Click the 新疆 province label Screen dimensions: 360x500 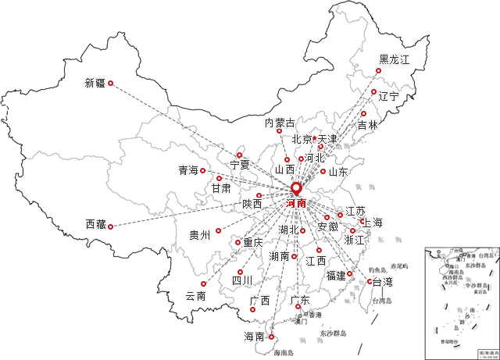coord(95,84)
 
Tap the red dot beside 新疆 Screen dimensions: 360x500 coord(110,83)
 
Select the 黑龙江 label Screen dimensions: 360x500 coord(394,59)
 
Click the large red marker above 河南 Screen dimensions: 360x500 coord(296,188)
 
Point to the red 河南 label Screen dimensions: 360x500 coord(297,203)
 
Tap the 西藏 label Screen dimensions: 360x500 coord(95,225)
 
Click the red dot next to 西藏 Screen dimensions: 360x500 coord(110,226)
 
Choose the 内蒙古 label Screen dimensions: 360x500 coord(280,123)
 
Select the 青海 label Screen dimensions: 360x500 coord(188,169)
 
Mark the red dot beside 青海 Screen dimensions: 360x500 coord(203,170)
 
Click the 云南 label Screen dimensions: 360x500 coord(196,297)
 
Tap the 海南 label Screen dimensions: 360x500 coord(254,337)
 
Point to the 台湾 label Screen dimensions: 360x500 coord(382,281)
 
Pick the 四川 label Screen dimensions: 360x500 coord(241,280)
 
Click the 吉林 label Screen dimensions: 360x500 coord(367,126)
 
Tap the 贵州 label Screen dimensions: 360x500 coord(199,234)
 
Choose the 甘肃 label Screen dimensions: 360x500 coord(221,189)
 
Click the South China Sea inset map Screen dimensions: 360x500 coord(461,300)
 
